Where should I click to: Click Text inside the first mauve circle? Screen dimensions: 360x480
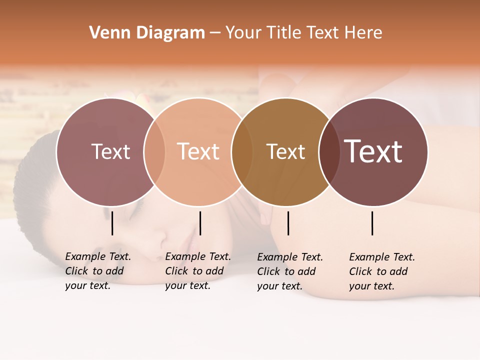[x=110, y=151]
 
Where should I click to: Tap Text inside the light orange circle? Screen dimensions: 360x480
[x=198, y=151]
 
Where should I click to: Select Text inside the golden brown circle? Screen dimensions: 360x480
[x=285, y=151]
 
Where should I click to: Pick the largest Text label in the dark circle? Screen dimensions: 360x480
[x=373, y=151]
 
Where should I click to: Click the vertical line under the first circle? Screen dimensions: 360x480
[x=112, y=223]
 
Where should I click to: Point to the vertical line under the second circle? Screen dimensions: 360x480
[x=200, y=223]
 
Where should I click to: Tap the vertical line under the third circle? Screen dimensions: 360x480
[x=288, y=223]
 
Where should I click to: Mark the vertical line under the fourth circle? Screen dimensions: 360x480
[x=372, y=223]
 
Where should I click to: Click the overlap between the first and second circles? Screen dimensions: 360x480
[x=154, y=151]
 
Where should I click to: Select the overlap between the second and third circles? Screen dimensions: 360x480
[x=242, y=151]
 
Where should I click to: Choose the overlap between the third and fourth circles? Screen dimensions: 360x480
[x=329, y=151]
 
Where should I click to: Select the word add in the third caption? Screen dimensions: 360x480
[x=306, y=271]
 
